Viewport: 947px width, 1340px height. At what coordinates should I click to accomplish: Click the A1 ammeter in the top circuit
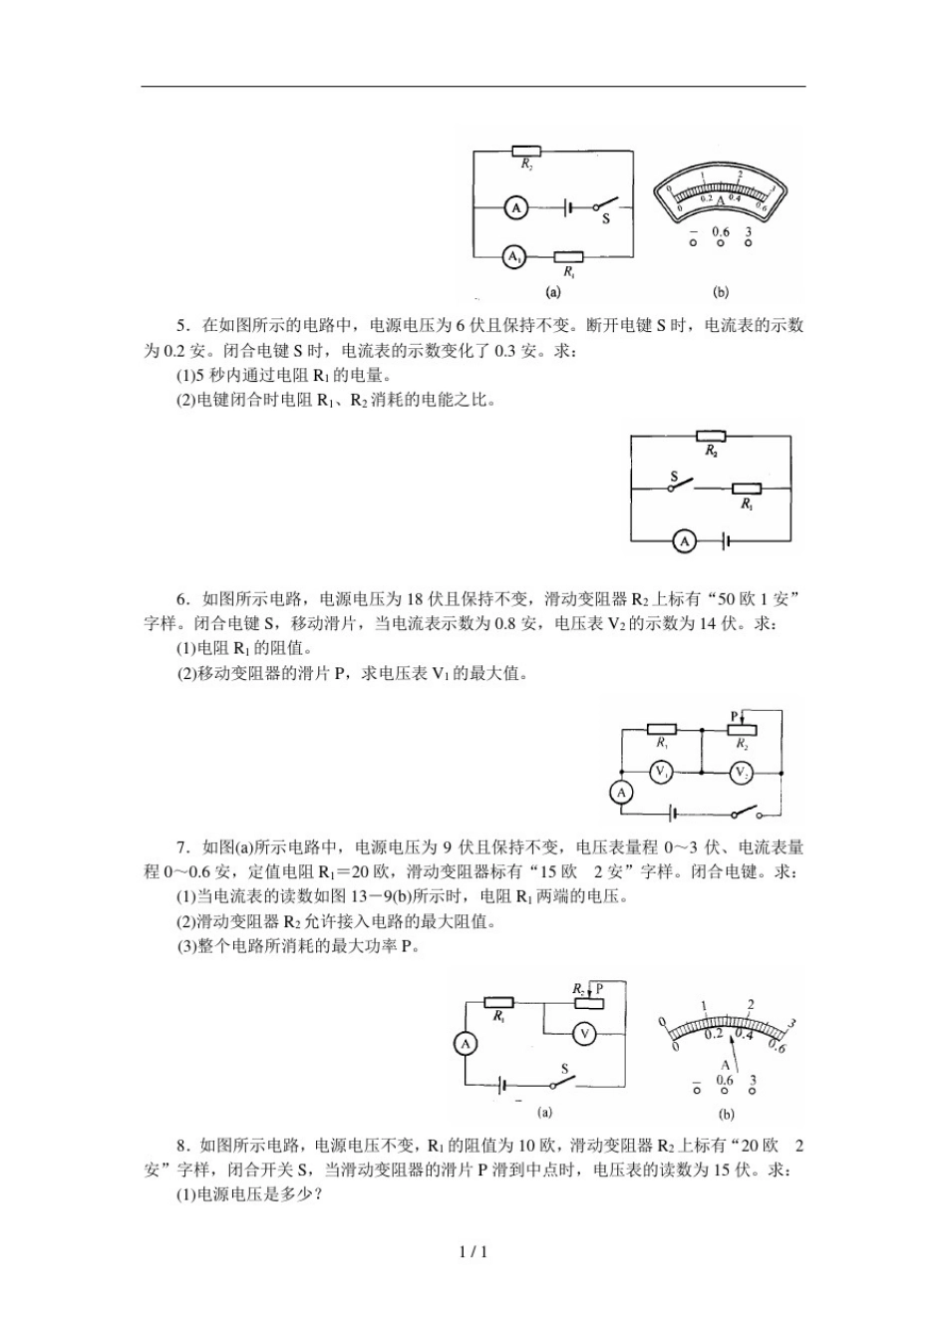(513, 257)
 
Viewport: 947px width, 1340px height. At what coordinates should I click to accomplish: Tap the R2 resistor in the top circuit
(527, 152)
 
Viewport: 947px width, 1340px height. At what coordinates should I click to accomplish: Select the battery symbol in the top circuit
(567, 207)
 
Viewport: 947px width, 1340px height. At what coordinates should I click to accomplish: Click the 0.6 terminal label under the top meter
(720, 232)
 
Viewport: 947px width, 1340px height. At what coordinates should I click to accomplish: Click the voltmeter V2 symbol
(741, 773)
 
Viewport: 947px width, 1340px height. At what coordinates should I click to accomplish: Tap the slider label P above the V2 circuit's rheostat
(735, 716)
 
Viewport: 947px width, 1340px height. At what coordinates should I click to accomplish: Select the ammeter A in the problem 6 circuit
(621, 793)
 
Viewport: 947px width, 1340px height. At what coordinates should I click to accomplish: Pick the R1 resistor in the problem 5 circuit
(746, 489)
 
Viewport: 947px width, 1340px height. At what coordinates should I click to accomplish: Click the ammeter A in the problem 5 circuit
(685, 540)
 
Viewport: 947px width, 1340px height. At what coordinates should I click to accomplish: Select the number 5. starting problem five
(182, 325)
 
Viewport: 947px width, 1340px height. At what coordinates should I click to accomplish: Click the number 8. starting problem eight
(182, 1146)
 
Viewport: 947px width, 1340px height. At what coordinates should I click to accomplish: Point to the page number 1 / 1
(473, 1252)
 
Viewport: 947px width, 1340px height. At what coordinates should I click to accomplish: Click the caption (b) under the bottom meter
(725, 1114)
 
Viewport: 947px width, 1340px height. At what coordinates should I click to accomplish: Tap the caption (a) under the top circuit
(552, 292)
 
